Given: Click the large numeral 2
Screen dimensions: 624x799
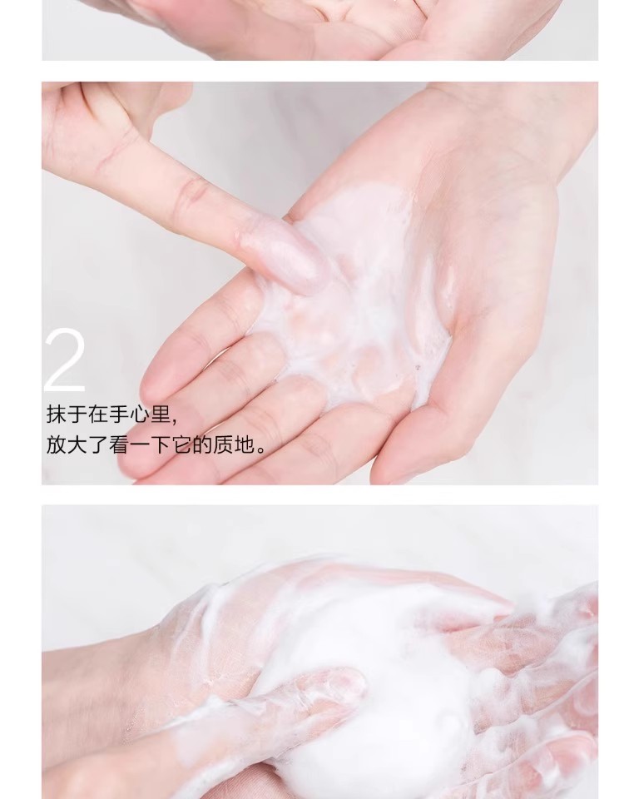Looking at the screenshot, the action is click(65, 360).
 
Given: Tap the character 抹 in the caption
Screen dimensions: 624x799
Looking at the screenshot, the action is click(57, 414).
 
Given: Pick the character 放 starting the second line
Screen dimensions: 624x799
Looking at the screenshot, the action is click(57, 444).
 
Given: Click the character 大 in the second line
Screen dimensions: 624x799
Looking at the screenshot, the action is click(77, 444).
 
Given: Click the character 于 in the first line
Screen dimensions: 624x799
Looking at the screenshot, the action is click(77, 414).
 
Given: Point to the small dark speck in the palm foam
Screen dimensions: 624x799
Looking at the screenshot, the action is click(418, 366).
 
